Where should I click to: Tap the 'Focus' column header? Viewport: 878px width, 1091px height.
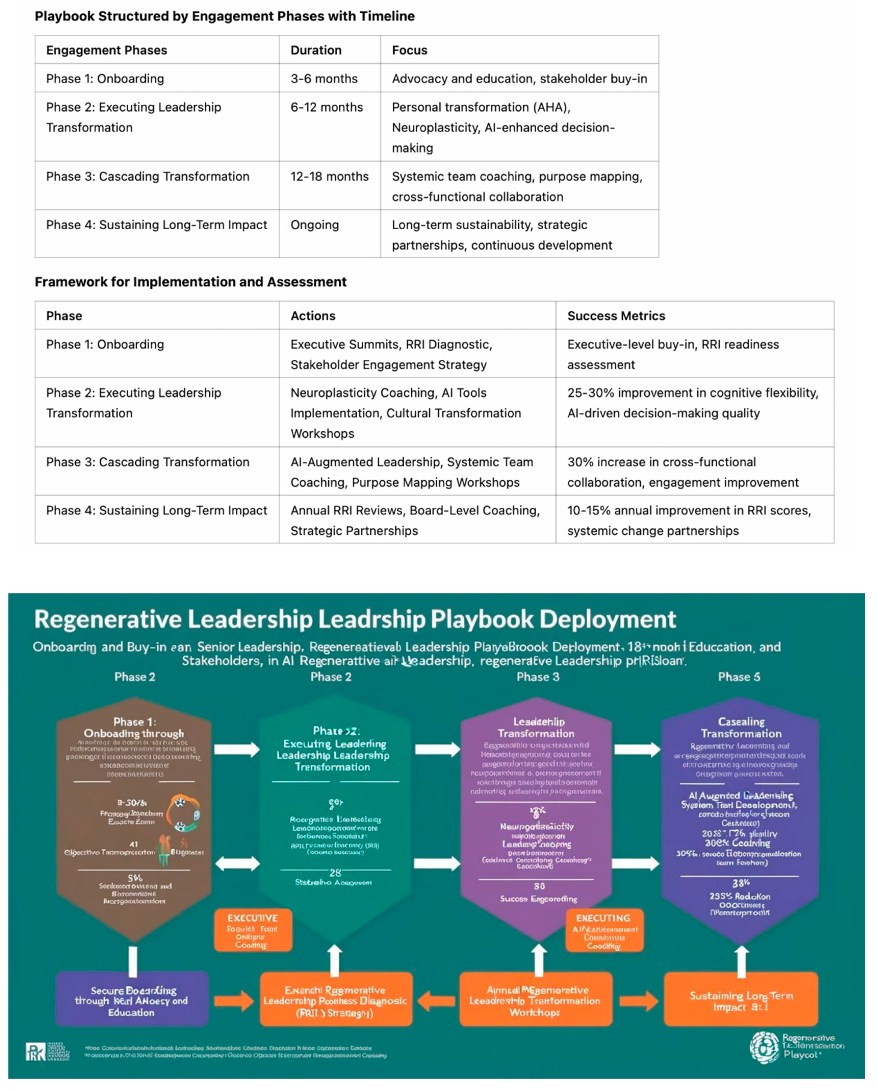pos(409,50)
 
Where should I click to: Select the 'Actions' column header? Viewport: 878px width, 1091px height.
pos(313,316)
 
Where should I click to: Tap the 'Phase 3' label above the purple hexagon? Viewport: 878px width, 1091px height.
pos(538,677)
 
